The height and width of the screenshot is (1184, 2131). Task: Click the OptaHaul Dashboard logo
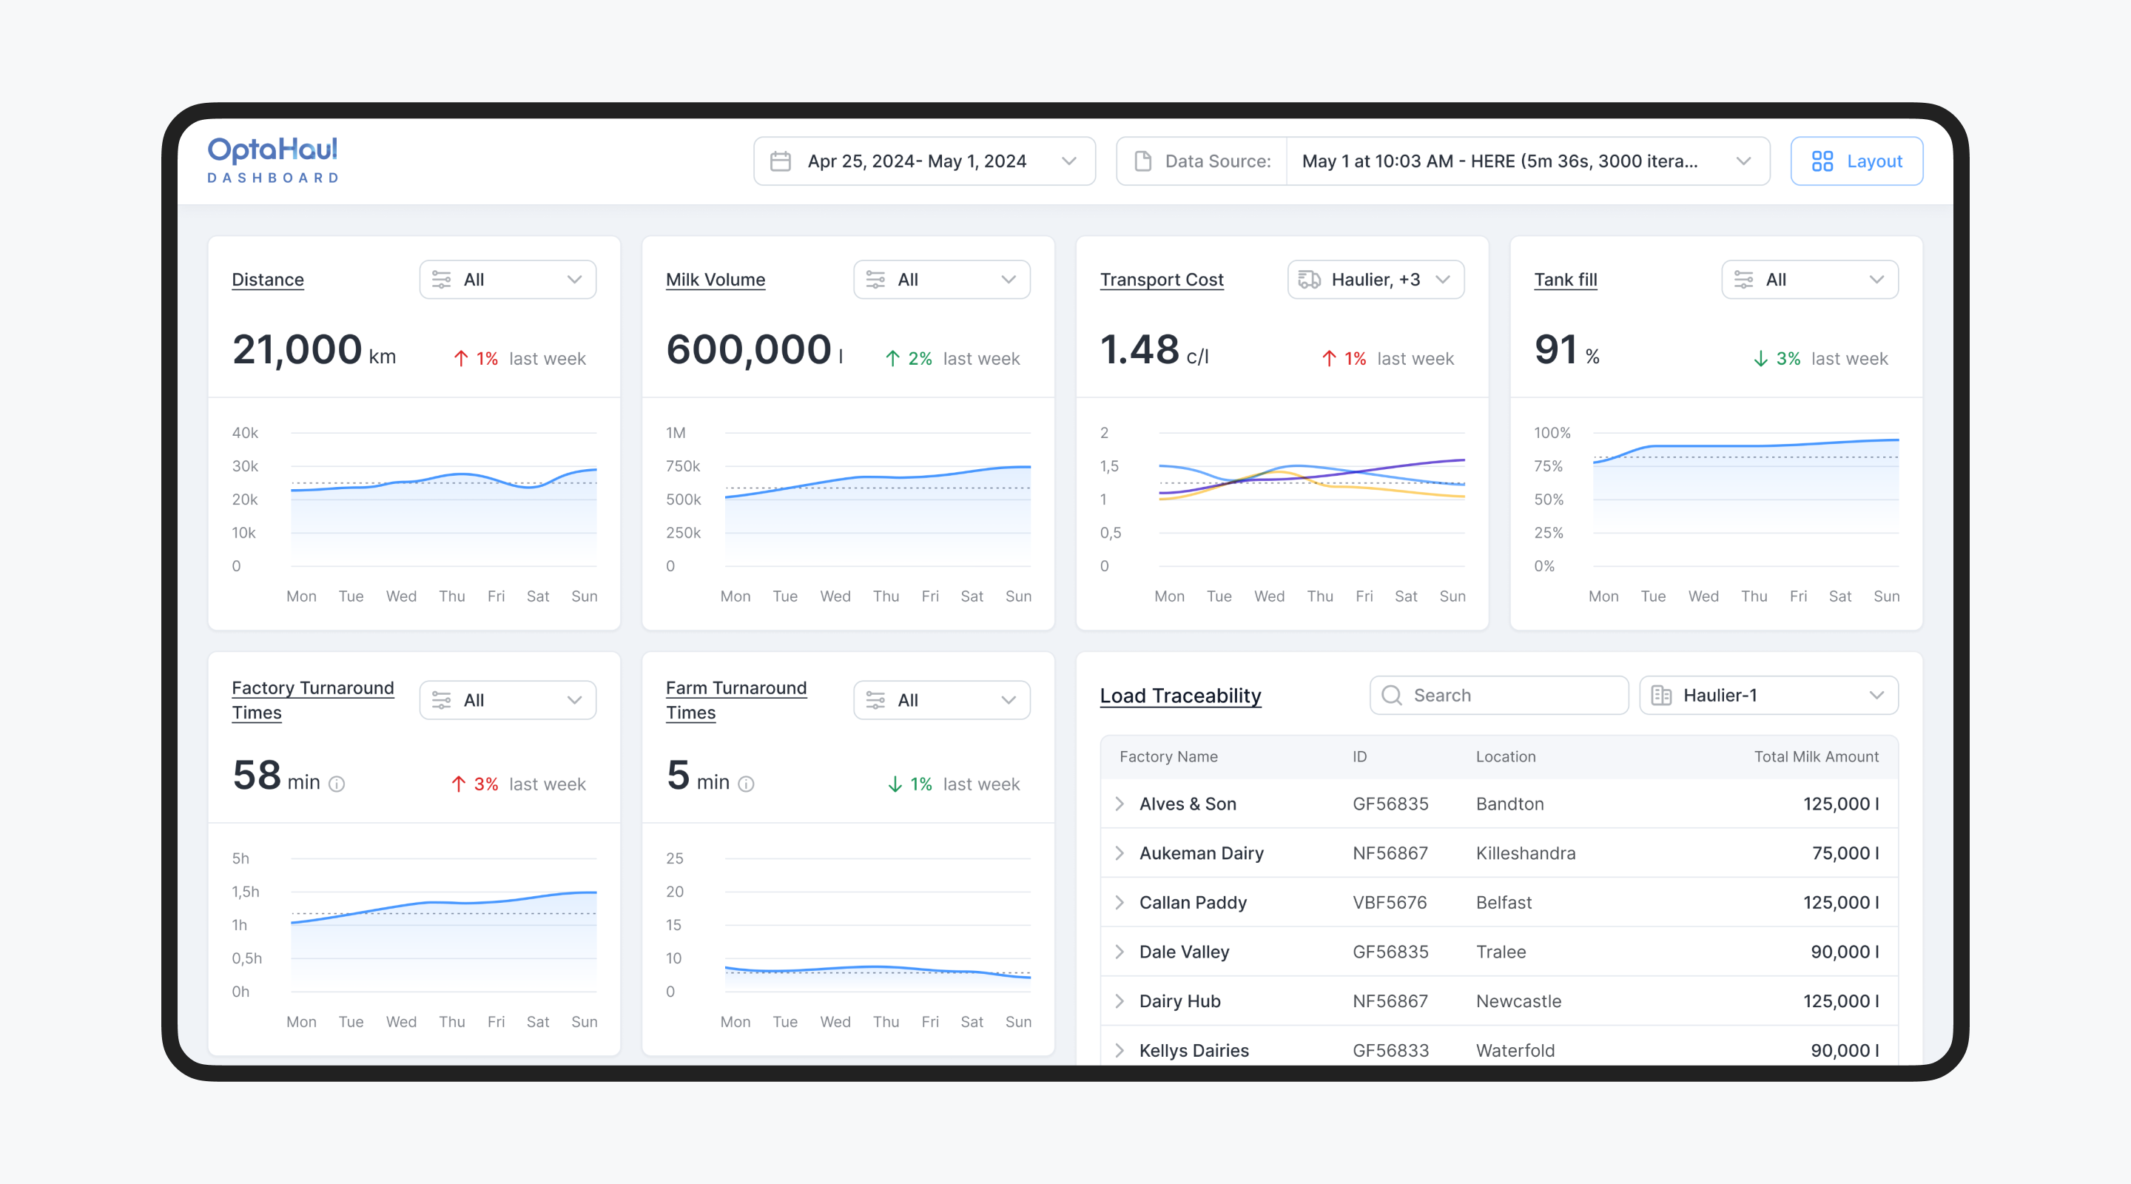[x=272, y=161]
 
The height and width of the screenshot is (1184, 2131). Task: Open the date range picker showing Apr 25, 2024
[x=924, y=161]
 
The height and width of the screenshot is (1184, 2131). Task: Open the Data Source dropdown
[x=1443, y=161]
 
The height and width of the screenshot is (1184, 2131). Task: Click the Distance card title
[x=268, y=280]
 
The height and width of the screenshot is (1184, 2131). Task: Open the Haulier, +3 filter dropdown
[x=1376, y=280]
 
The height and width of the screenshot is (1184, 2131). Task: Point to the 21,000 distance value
[x=297, y=349]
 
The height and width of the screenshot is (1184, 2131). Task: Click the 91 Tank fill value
[x=1556, y=349]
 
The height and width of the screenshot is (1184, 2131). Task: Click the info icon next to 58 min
[x=337, y=784]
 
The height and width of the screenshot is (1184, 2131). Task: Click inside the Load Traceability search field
[x=1499, y=695]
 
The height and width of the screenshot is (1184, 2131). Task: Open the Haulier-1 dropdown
[x=1768, y=695]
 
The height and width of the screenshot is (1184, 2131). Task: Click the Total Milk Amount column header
[x=1816, y=756]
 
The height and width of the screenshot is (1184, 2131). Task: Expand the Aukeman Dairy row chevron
[x=1120, y=853]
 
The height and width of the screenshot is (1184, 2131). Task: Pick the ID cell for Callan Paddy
[x=1390, y=903]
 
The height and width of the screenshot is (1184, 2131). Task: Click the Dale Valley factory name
[x=1185, y=952]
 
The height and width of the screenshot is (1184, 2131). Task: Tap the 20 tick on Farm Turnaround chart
[x=675, y=892]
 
